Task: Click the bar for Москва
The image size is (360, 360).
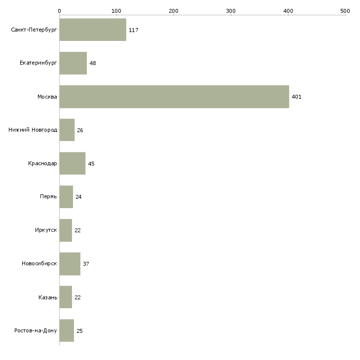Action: point(174,97)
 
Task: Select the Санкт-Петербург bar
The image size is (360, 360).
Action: point(93,30)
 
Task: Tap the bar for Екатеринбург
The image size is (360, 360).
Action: point(73,63)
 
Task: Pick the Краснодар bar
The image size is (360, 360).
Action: point(72,163)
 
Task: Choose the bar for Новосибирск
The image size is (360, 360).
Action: point(70,264)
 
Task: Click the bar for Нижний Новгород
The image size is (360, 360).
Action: point(67,130)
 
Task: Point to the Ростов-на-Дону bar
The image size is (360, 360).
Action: point(67,330)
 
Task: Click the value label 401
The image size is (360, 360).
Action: point(296,97)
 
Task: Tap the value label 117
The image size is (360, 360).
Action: point(133,30)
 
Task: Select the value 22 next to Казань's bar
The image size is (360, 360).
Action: point(77,297)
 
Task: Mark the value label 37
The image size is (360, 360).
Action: point(86,264)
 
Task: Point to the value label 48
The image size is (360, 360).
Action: point(92,63)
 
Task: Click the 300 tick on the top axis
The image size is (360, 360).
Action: point(231,10)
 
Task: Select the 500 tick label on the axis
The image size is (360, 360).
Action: point(345,10)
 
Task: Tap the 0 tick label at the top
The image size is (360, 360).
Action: point(59,10)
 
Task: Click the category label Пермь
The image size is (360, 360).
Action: point(48,197)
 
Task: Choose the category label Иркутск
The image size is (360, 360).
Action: point(46,230)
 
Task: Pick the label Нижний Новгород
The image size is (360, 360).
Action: point(33,130)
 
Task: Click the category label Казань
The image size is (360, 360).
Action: point(47,297)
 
